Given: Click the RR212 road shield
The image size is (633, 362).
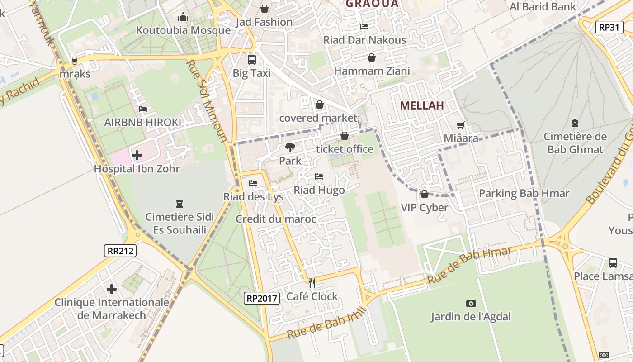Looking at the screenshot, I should click(121, 250).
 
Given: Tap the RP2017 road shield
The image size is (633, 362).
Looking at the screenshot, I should click(261, 298).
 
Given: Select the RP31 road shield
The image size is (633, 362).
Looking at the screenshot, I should click(608, 27).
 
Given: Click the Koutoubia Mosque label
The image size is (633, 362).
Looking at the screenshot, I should click(183, 30).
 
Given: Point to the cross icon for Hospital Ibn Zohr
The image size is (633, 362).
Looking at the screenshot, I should click(137, 155).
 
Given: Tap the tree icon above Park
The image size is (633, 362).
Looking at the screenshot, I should click(290, 147).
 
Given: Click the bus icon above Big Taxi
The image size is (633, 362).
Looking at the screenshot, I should click(252, 59).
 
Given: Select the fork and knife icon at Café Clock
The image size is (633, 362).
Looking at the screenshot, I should click(312, 283).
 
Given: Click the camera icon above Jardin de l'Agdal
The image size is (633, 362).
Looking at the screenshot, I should click(471, 303).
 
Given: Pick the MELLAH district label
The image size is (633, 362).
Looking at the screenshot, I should click(422, 105).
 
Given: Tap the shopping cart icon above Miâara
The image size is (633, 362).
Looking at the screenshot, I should click(461, 125).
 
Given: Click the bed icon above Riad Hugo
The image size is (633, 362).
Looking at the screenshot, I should click(319, 176).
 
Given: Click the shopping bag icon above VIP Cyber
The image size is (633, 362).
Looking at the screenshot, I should click(424, 195).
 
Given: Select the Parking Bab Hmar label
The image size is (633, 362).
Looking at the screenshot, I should click(524, 194).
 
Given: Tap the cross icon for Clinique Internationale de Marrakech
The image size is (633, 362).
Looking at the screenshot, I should click(112, 289).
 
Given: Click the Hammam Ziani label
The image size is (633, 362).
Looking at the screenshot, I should click(372, 71).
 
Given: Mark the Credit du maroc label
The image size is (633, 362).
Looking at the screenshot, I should click(276, 219).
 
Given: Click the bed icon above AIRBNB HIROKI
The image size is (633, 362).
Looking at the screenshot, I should click(143, 109).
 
